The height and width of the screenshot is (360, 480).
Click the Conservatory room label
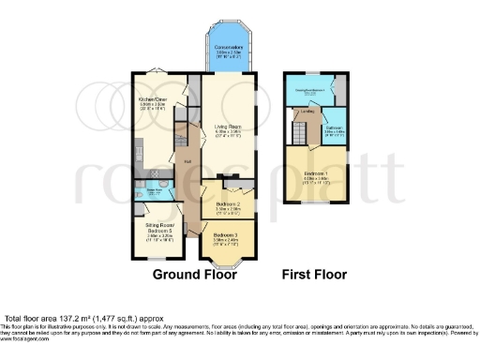coord(230,48)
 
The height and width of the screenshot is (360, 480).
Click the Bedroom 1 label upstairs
coord(315,174)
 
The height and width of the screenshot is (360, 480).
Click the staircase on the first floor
coord(299,131)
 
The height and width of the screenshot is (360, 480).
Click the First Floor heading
coord(315,276)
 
